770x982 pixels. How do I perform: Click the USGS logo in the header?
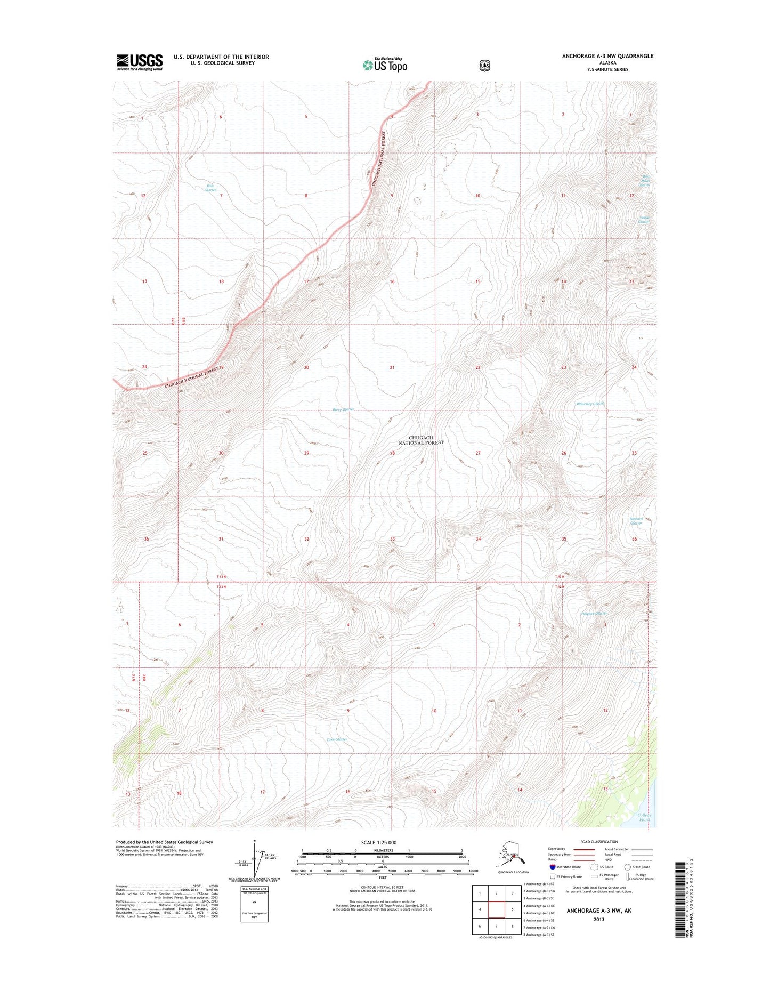click(x=140, y=62)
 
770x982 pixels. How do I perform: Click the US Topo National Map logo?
click(x=385, y=65)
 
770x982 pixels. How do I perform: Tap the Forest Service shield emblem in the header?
click(x=484, y=66)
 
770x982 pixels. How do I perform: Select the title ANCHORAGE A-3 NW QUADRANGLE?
click(x=607, y=56)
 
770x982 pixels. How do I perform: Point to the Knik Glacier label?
click(x=210, y=188)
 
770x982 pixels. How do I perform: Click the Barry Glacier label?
click(x=343, y=409)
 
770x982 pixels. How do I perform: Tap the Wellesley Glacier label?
click(x=590, y=404)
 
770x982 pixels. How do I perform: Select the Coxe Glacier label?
click(x=337, y=739)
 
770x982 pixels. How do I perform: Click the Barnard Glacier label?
click(x=636, y=521)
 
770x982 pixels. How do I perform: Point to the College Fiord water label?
click(x=644, y=818)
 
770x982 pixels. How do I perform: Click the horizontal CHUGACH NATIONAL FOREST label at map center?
click(x=421, y=440)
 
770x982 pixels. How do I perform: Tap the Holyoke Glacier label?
click(x=594, y=614)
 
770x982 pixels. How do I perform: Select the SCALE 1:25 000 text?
click(x=378, y=843)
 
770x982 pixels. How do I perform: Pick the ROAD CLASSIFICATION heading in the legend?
click(x=599, y=842)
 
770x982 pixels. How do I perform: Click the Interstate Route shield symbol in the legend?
click(x=553, y=867)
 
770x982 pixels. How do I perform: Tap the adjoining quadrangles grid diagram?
click(x=496, y=909)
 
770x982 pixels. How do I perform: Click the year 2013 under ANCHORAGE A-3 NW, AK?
click(x=598, y=919)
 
